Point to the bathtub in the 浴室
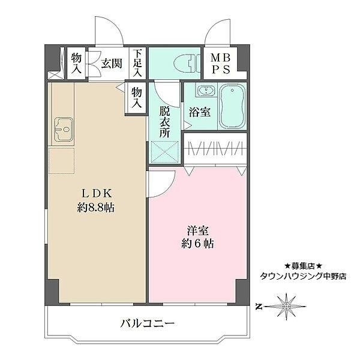[x=231, y=107]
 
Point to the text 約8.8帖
[x=97, y=208]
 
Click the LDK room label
[x=97, y=193]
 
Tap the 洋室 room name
[x=197, y=229]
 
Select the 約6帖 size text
[x=197, y=244]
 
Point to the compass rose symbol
[x=287, y=306]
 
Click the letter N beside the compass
[x=259, y=307]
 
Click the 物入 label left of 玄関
[x=77, y=62]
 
